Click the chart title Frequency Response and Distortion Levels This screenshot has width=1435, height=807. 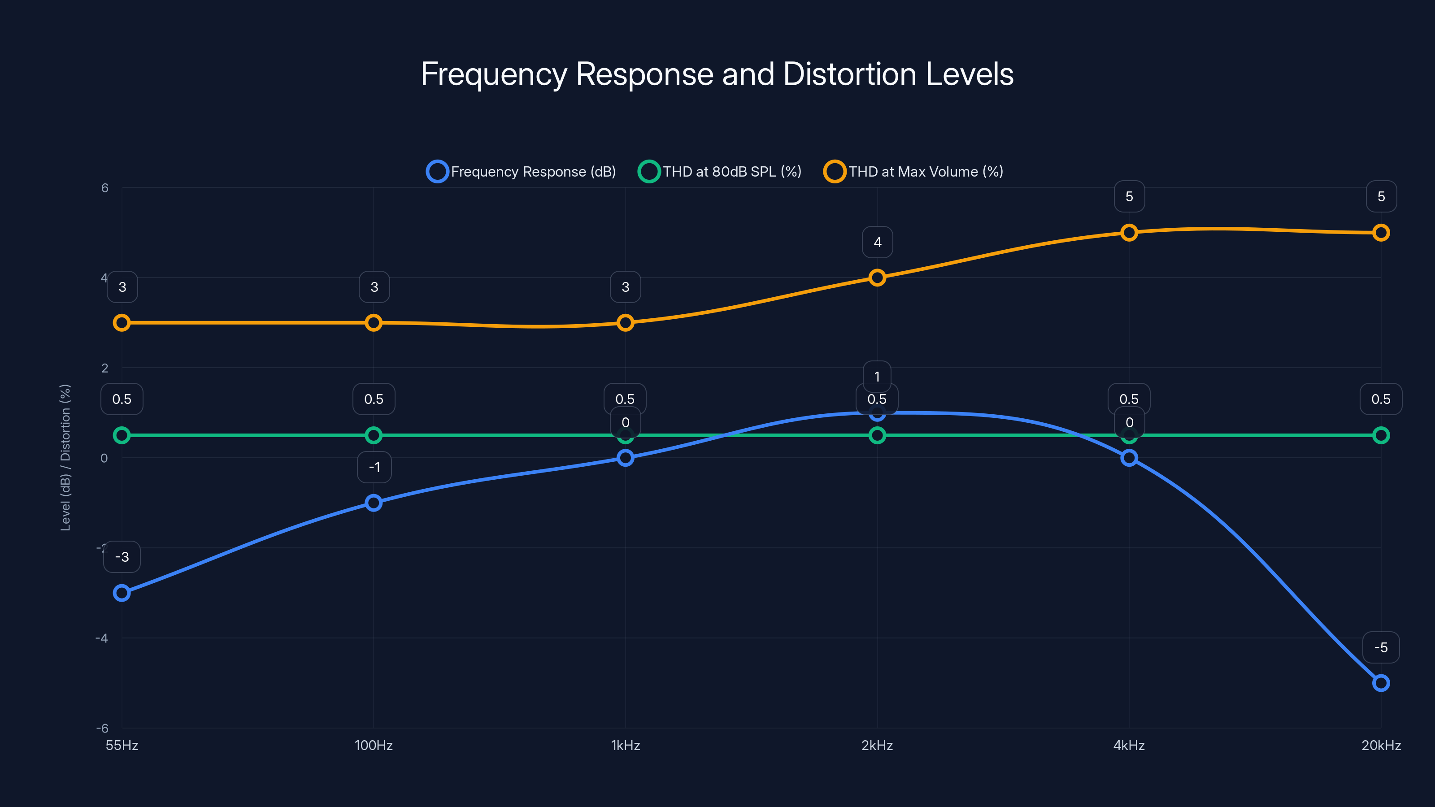coord(717,74)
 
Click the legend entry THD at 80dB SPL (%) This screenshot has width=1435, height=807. coord(720,172)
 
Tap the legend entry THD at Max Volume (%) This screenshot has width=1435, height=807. coord(913,172)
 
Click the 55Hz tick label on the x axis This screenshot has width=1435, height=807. coord(122,745)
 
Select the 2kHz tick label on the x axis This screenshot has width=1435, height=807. coord(877,745)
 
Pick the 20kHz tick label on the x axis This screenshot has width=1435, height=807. coord(1380,745)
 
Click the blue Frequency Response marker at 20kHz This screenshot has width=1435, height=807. coord(1380,683)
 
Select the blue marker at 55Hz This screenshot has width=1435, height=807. coord(122,593)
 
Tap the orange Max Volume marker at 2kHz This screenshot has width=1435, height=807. coord(877,278)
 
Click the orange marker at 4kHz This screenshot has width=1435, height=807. coord(1129,233)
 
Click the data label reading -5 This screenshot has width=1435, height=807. coord(1380,647)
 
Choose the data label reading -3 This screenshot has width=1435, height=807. coord(122,556)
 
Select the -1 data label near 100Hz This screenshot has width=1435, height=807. coord(374,467)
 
